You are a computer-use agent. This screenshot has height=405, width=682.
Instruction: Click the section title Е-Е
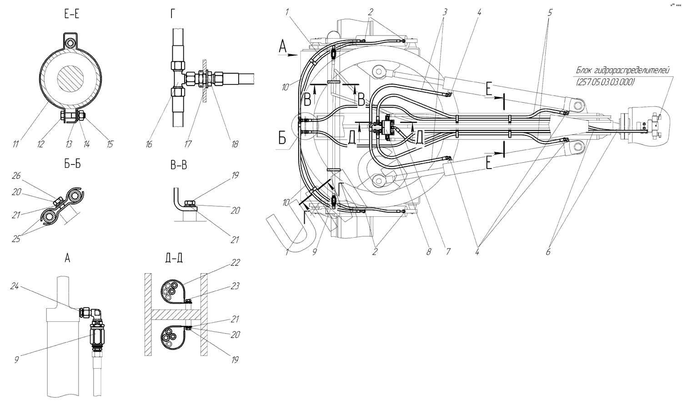72,15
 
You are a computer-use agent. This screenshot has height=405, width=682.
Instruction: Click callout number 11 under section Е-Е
16,145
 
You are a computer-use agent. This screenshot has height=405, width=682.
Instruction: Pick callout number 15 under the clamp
110,145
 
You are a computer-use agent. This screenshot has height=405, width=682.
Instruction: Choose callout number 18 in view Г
234,145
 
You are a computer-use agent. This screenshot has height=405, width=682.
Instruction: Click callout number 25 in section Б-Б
16,239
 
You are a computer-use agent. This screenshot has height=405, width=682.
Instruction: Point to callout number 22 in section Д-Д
235,262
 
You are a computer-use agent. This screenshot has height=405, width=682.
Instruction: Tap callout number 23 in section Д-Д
235,286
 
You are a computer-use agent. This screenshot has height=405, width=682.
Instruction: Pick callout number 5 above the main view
550,13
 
